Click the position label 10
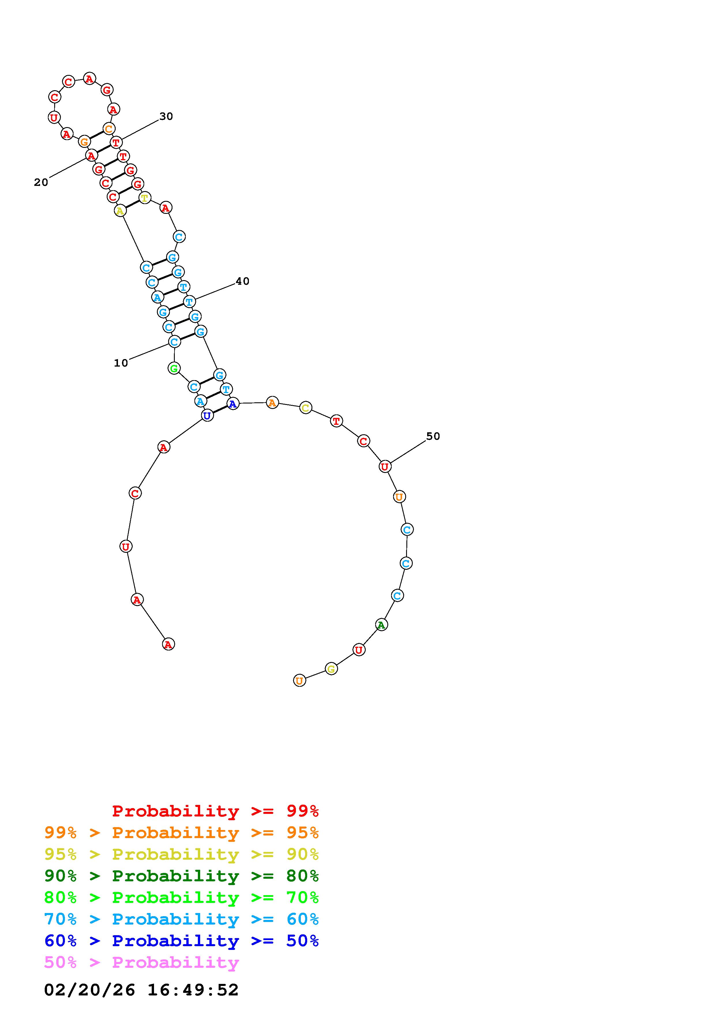click(121, 363)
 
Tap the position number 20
click(41, 182)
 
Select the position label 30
click(166, 116)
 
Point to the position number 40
click(242, 281)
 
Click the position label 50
click(433, 436)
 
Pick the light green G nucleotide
click(174, 368)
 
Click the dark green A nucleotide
click(382, 625)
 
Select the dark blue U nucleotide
click(207, 415)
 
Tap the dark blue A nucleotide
click(233, 403)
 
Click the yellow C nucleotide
click(306, 408)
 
